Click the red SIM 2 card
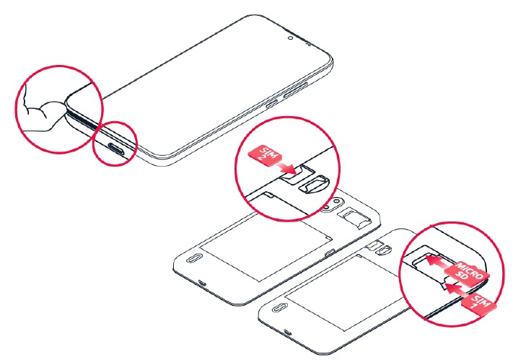coord(265,155)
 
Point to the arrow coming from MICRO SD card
coord(440,263)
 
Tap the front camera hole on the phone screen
coord(290,38)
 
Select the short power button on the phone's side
coord(271,105)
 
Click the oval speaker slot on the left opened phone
coord(192,258)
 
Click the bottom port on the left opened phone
coord(203,283)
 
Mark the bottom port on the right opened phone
coord(288,333)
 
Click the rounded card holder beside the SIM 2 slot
coord(314,185)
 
